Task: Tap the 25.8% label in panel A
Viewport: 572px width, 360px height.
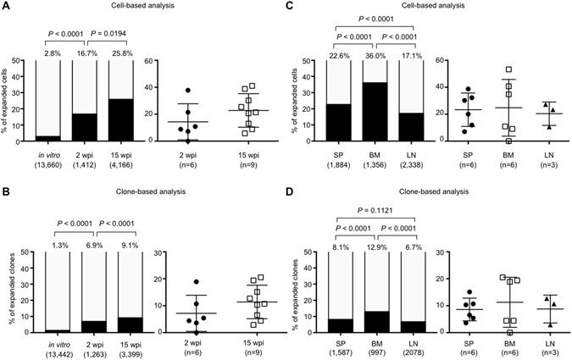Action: pyautogui.click(x=124, y=53)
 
